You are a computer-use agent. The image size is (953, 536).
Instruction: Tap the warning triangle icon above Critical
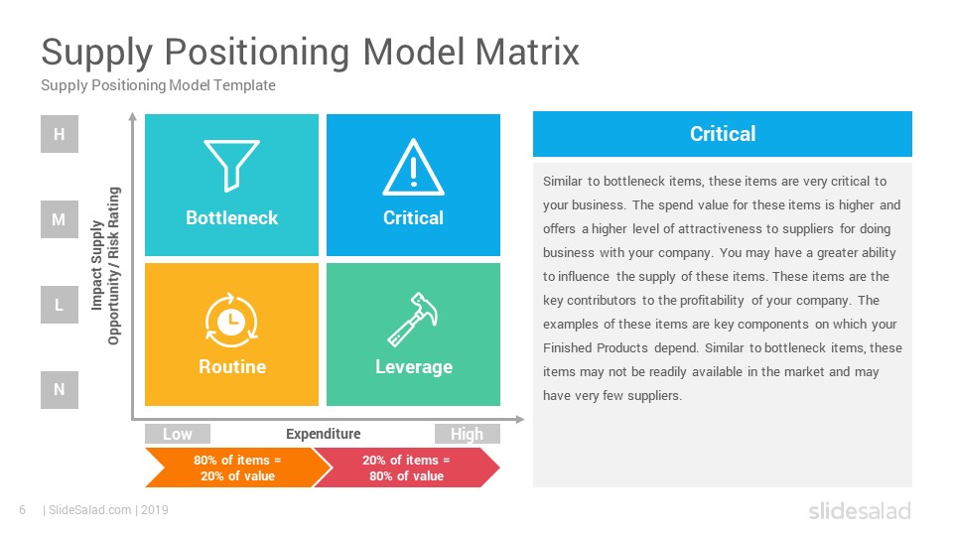[413, 167]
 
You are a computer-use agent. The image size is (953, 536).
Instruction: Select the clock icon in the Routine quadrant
[231, 320]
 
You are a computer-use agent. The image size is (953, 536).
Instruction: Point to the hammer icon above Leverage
[413, 320]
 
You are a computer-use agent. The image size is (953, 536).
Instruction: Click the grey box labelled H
[60, 134]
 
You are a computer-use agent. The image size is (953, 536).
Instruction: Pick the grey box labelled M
[60, 219]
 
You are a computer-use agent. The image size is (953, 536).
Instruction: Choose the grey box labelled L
[60, 305]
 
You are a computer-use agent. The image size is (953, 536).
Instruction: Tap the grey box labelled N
[60, 389]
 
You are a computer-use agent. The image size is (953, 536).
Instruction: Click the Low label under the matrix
[178, 434]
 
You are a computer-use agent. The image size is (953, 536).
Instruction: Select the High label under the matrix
[467, 434]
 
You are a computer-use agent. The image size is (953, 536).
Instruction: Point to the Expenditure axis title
[324, 434]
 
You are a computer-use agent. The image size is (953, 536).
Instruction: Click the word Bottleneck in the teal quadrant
[231, 217]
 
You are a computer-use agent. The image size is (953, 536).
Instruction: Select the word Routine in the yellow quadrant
[232, 366]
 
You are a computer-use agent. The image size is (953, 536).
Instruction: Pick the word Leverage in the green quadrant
[414, 367]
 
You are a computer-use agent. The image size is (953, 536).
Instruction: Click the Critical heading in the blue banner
[723, 134]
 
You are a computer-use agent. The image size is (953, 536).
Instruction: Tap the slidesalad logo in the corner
[860, 510]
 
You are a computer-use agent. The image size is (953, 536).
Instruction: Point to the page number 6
[23, 510]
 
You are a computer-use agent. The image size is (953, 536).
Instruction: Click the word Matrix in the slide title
[527, 52]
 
